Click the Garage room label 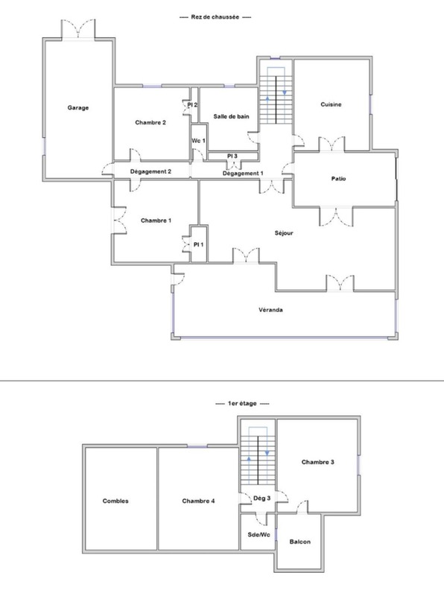[x=78, y=108]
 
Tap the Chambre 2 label [x=150, y=122]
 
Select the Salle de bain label [x=231, y=116]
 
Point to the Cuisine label [x=331, y=104]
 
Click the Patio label [x=338, y=179]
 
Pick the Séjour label [x=284, y=233]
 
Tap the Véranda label [x=270, y=310]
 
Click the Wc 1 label [x=198, y=141]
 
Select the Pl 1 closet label [x=198, y=244]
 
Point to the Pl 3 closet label [x=232, y=156]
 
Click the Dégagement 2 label [x=150, y=172]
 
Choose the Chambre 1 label [x=156, y=221]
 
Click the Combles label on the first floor [x=115, y=501]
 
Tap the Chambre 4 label [x=198, y=501]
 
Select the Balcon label [x=300, y=542]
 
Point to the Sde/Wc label [x=259, y=535]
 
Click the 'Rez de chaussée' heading [x=215, y=17]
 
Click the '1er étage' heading [x=242, y=403]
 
